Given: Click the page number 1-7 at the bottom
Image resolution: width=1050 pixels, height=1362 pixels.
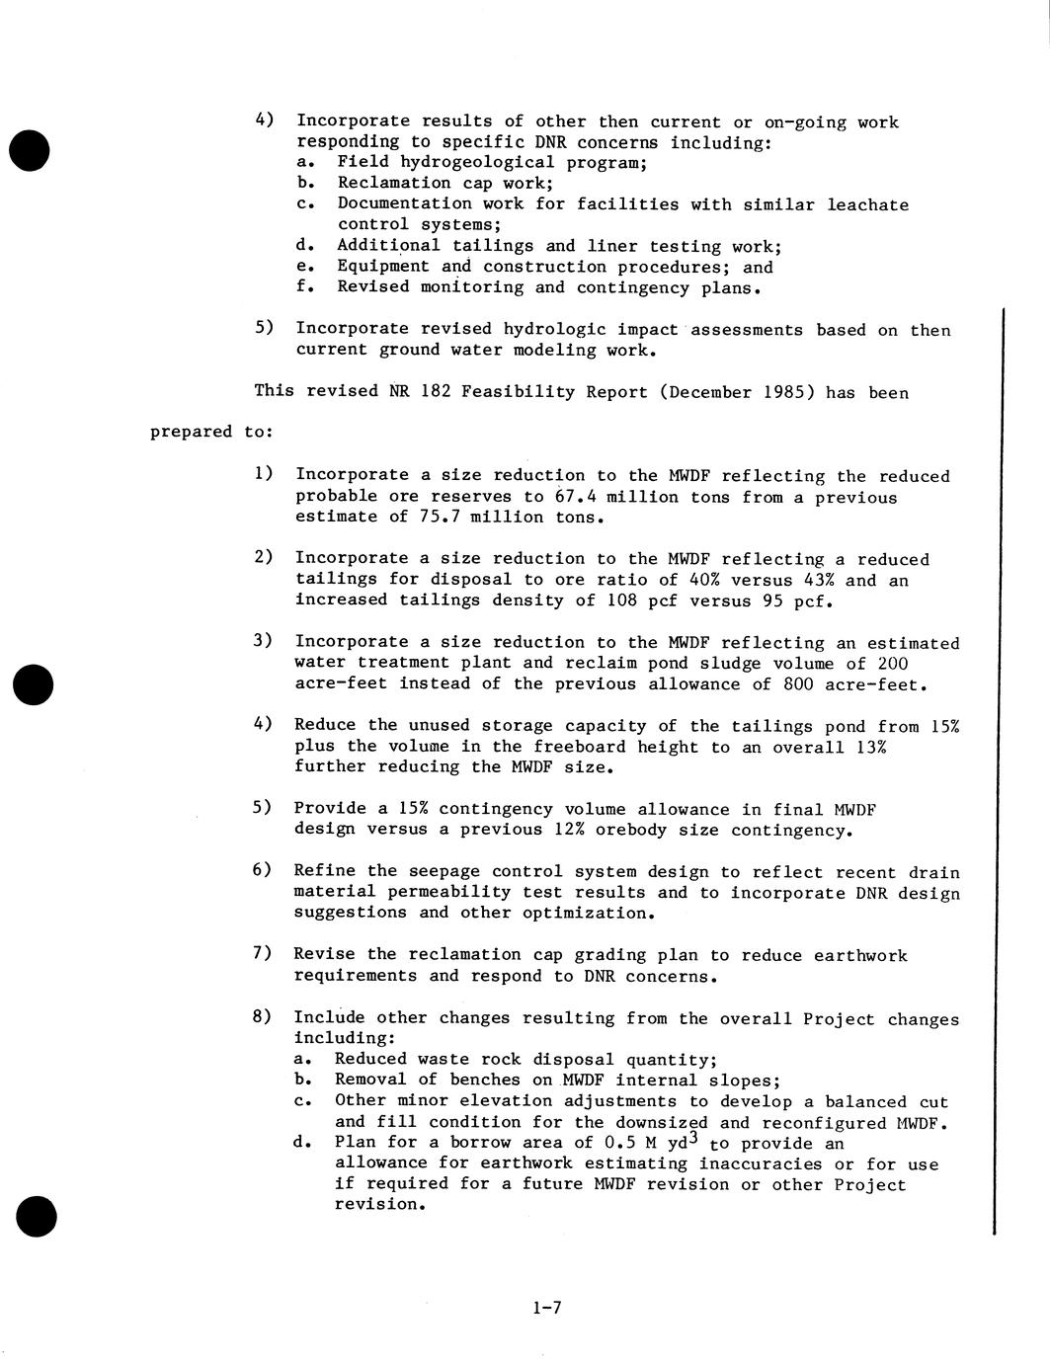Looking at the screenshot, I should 546,1309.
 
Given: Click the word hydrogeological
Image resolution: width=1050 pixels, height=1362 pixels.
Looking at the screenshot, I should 477,162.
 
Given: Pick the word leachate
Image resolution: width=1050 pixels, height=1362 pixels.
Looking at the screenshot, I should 866,204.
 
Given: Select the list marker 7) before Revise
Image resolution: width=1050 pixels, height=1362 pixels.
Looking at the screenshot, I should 263,953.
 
